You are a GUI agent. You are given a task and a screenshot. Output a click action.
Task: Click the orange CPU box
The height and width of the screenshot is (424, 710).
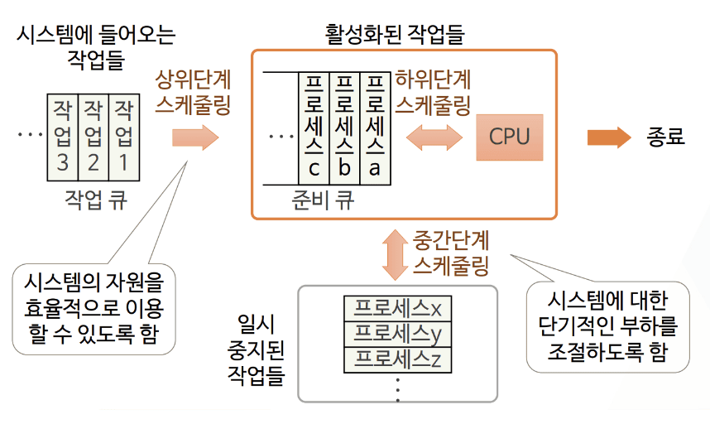[509, 137]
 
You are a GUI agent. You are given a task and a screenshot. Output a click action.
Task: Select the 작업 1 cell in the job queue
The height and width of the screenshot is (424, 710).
[124, 137]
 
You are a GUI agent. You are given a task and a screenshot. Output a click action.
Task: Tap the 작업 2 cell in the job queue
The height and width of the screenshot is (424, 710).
[94, 137]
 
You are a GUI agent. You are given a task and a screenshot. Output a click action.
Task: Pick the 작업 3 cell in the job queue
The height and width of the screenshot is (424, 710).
[63, 137]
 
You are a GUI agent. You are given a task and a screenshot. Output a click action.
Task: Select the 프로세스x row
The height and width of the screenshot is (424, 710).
[396, 308]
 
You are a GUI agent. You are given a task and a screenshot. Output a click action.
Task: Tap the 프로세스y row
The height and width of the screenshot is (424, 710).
[396, 334]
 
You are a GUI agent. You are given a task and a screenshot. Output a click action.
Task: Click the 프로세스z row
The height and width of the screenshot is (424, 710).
[396, 359]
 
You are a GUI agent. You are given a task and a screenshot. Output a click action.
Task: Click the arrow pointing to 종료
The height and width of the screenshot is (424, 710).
[608, 137]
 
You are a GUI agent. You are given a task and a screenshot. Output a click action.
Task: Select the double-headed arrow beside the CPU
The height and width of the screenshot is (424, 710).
[433, 137]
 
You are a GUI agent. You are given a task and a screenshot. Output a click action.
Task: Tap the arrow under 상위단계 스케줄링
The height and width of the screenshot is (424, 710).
[194, 137]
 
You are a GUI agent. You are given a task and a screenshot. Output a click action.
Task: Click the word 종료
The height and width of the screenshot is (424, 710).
[665, 137]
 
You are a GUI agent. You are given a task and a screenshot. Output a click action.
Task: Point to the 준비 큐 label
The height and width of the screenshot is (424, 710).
[324, 201]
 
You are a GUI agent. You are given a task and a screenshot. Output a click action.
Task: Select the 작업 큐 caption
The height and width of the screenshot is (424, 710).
[95, 200]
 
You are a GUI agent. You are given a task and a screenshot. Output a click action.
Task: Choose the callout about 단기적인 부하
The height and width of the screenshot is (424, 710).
[607, 327]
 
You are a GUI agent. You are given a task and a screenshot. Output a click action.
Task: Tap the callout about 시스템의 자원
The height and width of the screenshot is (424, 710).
[94, 306]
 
